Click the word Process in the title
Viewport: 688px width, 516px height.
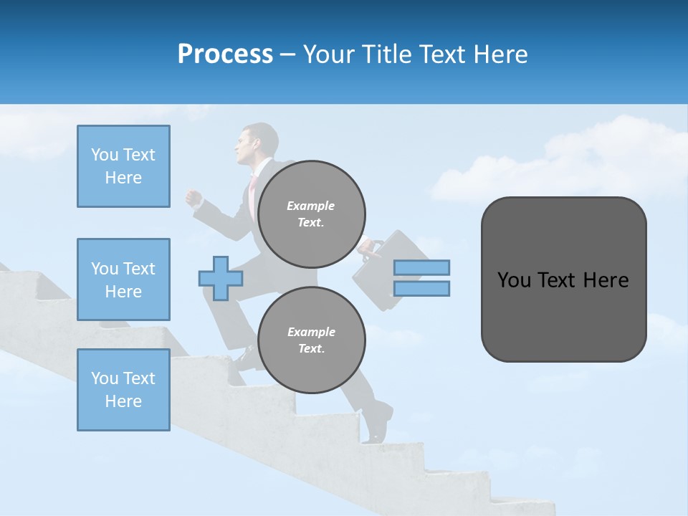225,54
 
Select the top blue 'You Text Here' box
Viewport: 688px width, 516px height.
123,166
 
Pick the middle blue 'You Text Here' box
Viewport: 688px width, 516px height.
123,279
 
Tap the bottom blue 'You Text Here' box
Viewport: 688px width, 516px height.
123,390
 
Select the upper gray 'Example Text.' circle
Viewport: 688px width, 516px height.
312,214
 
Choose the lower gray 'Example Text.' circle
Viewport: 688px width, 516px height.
312,340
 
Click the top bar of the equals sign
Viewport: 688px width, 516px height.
421,268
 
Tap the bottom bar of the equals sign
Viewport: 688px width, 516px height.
421,288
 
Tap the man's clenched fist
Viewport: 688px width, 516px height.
193,197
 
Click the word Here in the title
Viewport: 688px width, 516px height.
501,54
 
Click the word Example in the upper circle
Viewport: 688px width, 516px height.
311,206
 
